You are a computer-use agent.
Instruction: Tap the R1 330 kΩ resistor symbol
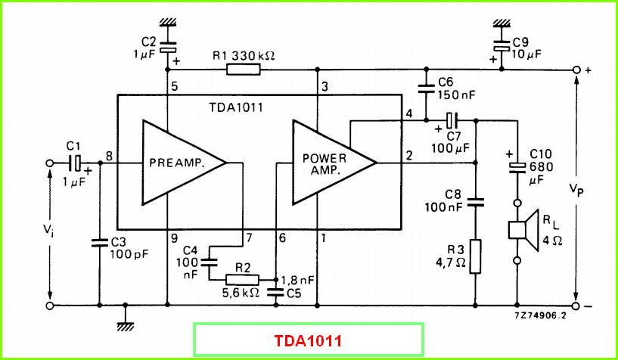pyautogui.click(x=244, y=70)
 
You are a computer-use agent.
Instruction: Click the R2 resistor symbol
pyautogui.click(x=242, y=280)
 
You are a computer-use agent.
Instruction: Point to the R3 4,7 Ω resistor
pyautogui.click(x=475, y=256)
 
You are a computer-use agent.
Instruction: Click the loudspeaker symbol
pyautogui.click(x=523, y=231)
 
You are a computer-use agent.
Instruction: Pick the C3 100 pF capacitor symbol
pyautogui.click(x=99, y=242)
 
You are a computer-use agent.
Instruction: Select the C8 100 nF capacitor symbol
pyautogui.click(x=475, y=203)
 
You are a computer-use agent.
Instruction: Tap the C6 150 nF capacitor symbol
pyautogui.click(x=426, y=88)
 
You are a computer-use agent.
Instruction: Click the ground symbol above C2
pyautogui.click(x=167, y=22)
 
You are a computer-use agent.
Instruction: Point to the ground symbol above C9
pyautogui.click(x=502, y=22)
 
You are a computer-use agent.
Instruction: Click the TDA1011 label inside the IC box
pyautogui.click(x=235, y=107)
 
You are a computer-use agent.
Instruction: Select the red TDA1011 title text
pyautogui.click(x=308, y=340)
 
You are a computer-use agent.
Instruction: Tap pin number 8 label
pyautogui.click(x=109, y=157)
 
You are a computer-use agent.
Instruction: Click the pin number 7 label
pyautogui.click(x=249, y=238)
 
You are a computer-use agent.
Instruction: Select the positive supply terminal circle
pyautogui.click(x=576, y=70)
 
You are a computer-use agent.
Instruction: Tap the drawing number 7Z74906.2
pyautogui.click(x=540, y=315)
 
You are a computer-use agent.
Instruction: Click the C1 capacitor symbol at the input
pyautogui.click(x=76, y=163)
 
